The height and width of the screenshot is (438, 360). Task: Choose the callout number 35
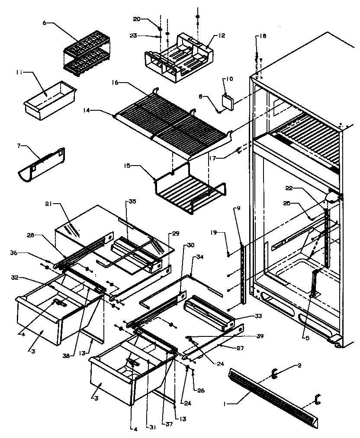tap(132, 201)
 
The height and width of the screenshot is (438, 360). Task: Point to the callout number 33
tap(258, 317)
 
